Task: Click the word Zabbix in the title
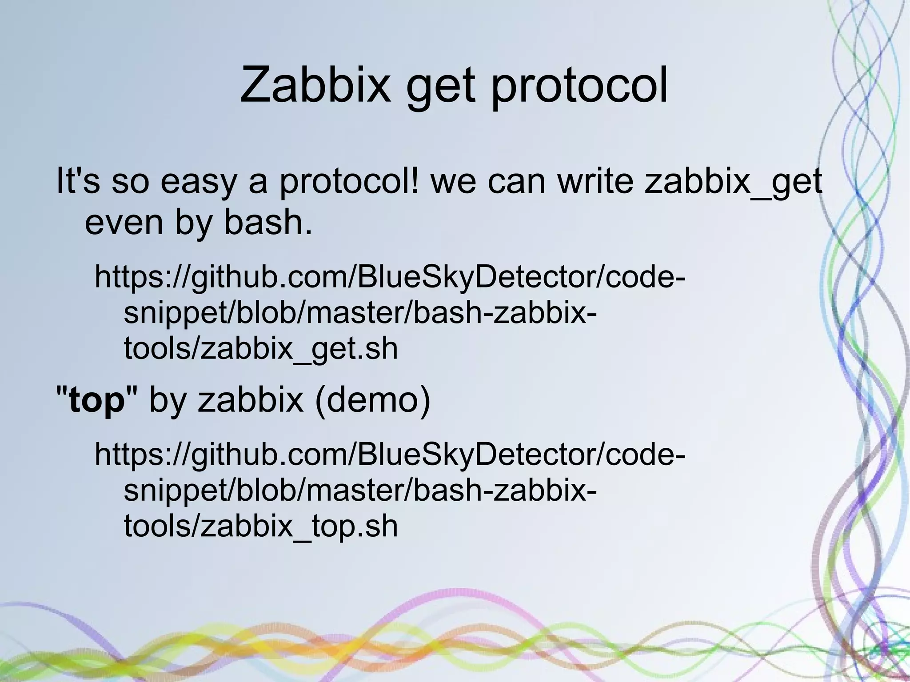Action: click(314, 84)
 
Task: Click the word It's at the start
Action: click(78, 182)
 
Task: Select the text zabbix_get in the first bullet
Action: click(733, 182)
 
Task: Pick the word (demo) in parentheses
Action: click(373, 399)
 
